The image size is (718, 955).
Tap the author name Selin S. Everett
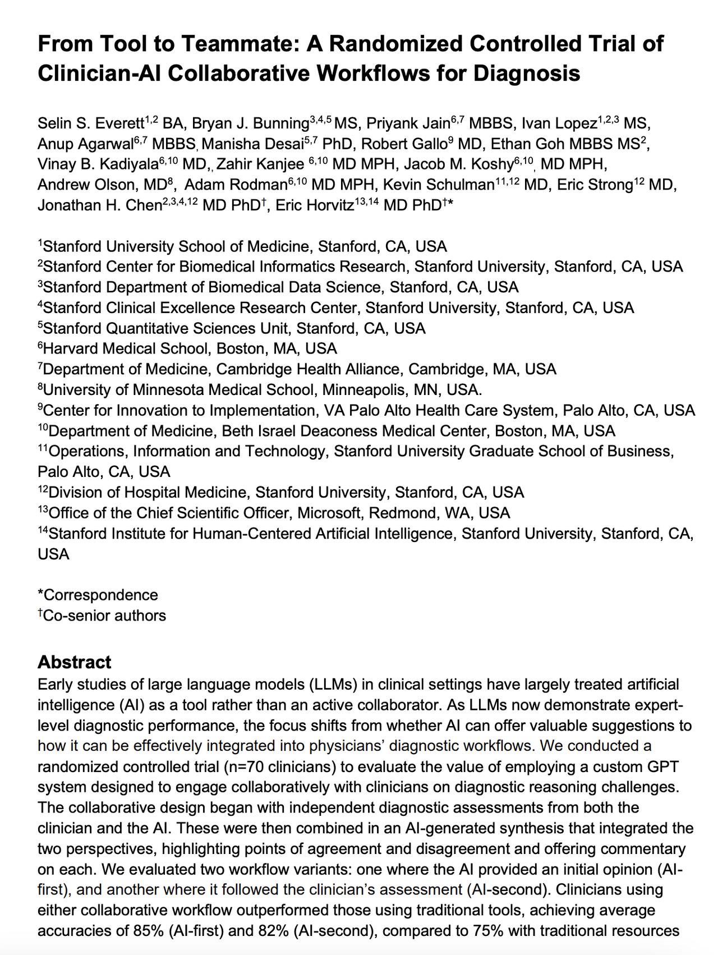click(91, 123)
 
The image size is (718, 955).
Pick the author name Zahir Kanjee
click(260, 165)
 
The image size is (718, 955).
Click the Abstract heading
click(74, 662)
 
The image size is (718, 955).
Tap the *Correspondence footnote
click(98, 595)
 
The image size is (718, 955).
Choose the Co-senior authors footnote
click(104, 616)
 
